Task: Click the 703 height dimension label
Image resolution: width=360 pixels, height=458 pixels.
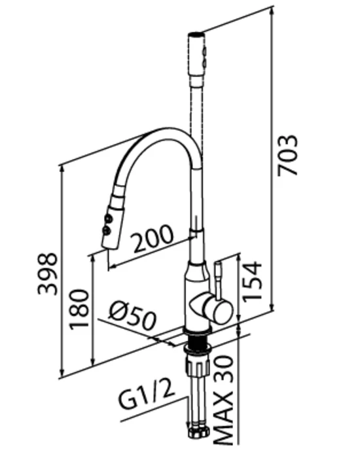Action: click(287, 156)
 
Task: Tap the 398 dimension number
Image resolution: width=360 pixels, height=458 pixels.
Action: click(48, 273)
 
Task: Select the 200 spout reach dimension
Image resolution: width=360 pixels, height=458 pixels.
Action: click(152, 239)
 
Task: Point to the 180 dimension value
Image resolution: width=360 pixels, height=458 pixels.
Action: click(79, 309)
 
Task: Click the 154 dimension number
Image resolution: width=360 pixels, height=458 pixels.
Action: click(252, 281)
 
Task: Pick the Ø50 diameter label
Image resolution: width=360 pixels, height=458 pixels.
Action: click(132, 315)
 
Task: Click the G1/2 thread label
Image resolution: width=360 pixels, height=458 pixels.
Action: click(147, 395)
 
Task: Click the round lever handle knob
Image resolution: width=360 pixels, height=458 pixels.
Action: click(221, 309)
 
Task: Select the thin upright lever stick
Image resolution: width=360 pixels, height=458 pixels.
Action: click(219, 281)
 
